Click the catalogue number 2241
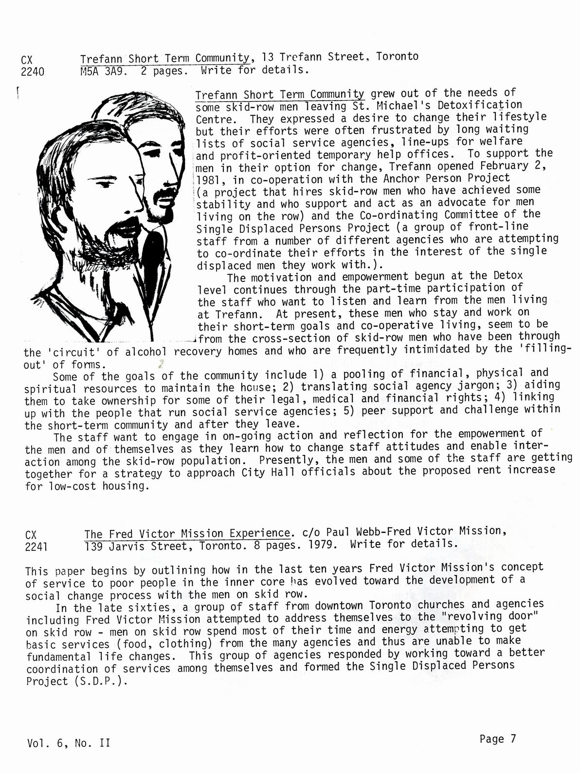36,547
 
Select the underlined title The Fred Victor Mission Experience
187,533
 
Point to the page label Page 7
497,739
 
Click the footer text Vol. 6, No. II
69,743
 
